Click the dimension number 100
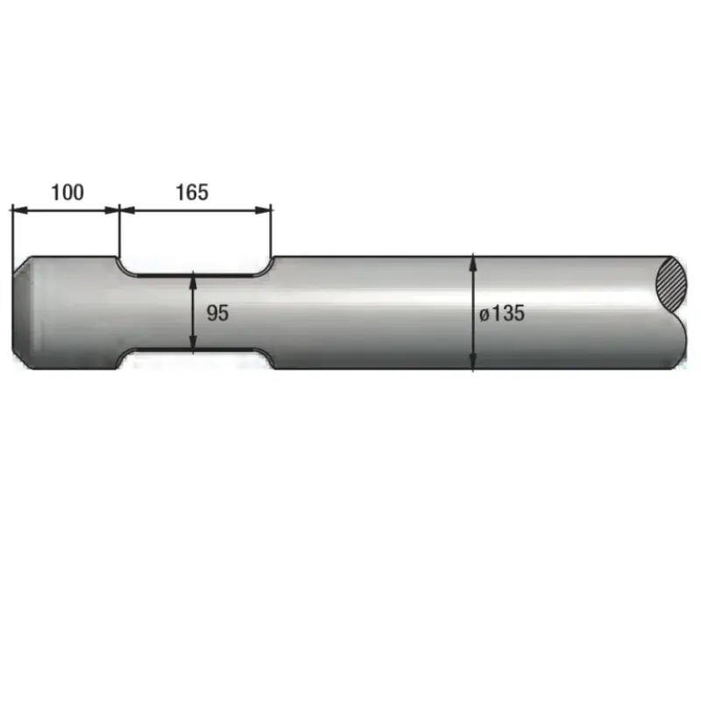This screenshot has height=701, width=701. coord(67,192)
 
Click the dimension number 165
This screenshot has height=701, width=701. coord(192,192)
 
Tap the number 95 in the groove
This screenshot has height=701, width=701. coord(217,313)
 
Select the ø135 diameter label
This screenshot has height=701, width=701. coord(501,313)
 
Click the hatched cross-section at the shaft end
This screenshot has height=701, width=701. coord(671,283)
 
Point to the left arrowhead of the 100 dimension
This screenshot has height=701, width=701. coord(20,210)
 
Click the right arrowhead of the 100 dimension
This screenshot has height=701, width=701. coord(112,210)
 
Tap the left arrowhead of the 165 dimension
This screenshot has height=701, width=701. coord(127,210)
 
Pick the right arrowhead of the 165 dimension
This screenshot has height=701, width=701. coord(264,210)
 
